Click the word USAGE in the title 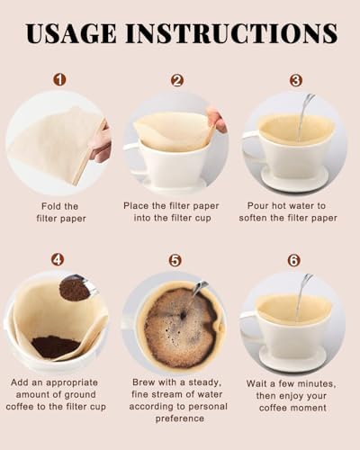point(71,33)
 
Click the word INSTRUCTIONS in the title point(231,33)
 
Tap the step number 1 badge point(59,80)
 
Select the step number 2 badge point(177,80)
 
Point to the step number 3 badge point(296,80)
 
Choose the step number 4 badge point(58,259)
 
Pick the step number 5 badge point(175,260)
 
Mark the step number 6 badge point(294,260)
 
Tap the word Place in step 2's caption point(136,206)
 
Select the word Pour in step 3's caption point(257,206)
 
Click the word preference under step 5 point(180,418)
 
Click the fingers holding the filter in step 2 point(217,119)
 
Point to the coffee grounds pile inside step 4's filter point(56,346)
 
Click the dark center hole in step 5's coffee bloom point(183,315)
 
